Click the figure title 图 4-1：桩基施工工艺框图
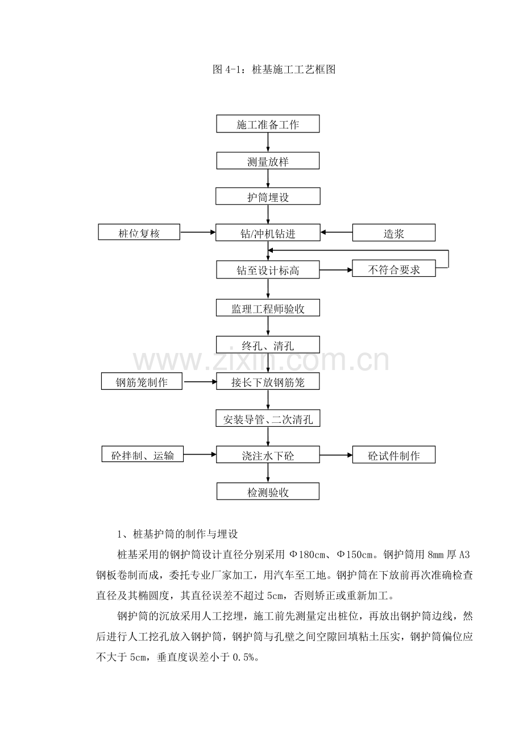[274, 69]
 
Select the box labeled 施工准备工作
[268, 124]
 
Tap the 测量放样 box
[268, 161]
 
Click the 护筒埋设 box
[268, 197]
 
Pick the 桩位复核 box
[139, 232]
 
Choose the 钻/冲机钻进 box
[268, 232]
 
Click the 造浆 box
[393, 233]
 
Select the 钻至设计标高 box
[268, 269]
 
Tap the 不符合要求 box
[393, 268]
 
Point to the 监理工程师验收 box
[268, 308]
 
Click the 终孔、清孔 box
[268, 345]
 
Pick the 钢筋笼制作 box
[142, 381]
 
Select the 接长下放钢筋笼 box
[268, 381]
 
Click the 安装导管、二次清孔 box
[268, 418]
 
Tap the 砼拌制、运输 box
[142, 454]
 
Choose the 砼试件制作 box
[393, 455]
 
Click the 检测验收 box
[268, 491]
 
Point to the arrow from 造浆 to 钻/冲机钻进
[337, 232]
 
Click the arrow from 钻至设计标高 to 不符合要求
[335, 270]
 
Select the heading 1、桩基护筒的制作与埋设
[177, 534]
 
